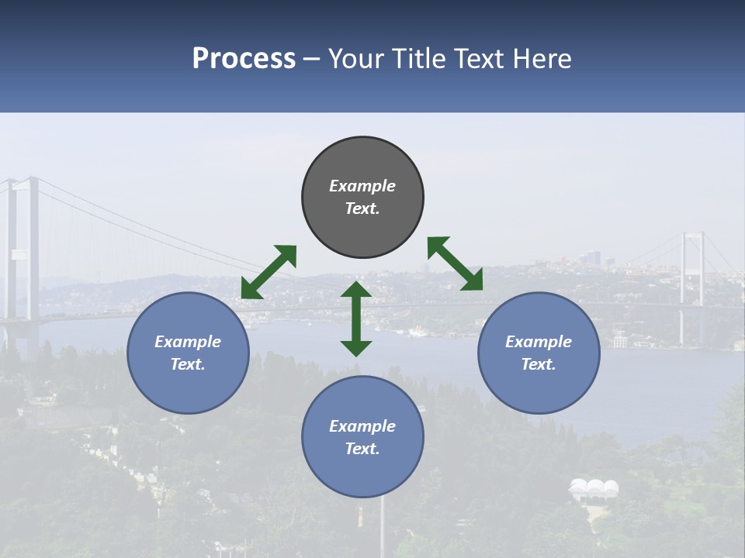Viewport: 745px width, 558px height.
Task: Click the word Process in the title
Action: tap(244, 59)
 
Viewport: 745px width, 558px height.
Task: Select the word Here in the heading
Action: tap(539, 59)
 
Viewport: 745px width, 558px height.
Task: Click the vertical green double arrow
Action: tap(356, 319)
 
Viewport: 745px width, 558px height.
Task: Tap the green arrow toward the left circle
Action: tap(269, 272)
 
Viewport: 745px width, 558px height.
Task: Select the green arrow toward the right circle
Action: tap(455, 263)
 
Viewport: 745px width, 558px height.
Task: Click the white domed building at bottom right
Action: tap(594, 489)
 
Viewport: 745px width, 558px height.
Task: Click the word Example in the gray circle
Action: tap(362, 186)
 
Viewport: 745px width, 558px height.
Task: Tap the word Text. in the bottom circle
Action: tap(362, 449)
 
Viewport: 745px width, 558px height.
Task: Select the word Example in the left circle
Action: tap(188, 342)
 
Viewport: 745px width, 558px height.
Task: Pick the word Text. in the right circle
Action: tap(539, 364)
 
